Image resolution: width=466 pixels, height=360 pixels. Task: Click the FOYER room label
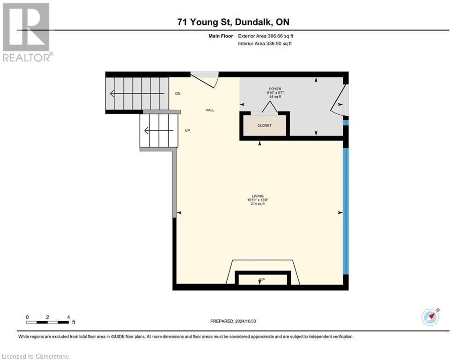(x=274, y=89)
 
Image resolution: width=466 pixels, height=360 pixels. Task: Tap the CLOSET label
(x=265, y=126)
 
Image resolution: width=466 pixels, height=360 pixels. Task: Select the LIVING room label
(x=258, y=196)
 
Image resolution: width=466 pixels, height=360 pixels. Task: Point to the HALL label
(x=210, y=110)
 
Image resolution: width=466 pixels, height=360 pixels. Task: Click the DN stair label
(x=178, y=94)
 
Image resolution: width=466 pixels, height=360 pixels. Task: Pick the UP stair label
(x=187, y=131)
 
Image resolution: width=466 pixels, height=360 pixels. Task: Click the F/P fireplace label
(x=262, y=280)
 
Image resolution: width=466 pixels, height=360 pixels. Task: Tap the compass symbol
(x=430, y=317)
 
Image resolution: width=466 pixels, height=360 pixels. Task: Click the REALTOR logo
(x=27, y=32)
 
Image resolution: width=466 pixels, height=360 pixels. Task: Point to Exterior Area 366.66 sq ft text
(x=266, y=36)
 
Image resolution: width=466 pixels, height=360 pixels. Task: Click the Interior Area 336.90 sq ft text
(x=265, y=44)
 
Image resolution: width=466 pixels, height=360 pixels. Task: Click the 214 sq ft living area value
(x=258, y=204)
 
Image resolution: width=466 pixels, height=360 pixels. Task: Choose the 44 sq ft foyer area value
(x=274, y=97)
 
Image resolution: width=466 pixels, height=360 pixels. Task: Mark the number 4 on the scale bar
(x=68, y=317)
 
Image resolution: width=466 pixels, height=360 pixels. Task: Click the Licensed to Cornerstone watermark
(x=36, y=357)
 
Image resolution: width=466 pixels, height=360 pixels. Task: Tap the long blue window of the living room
(x=346, y=211)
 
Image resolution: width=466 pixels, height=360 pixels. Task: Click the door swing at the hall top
(x=205, y=79)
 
